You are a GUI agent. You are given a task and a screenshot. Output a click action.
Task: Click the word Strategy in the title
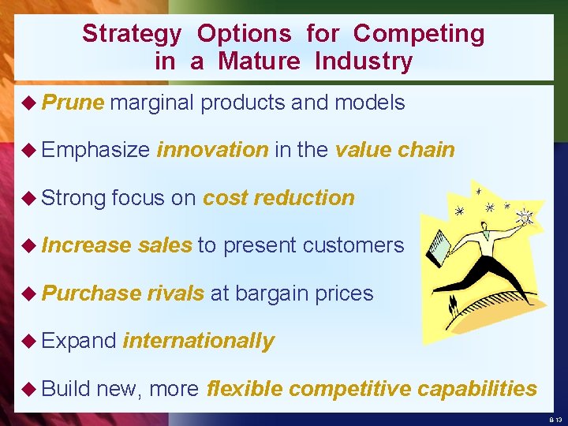(131, 34)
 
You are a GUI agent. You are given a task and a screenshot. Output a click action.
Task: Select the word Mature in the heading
(260, 62)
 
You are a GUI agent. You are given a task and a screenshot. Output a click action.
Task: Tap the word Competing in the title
(419, 34)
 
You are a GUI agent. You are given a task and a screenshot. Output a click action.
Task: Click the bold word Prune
(73, 103)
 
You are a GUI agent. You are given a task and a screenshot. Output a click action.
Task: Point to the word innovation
(212, 150)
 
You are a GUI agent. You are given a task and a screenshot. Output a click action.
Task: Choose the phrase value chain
(394, 150)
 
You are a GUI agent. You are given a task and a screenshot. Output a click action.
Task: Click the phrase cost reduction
(278, 198)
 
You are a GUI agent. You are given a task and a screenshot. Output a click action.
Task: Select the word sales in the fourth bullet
(164, 245)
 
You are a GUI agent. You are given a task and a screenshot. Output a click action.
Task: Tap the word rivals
(175, 293)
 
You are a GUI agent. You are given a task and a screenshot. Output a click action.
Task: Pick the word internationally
(199, 341)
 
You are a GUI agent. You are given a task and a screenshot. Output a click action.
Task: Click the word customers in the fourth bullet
(353, 245)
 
